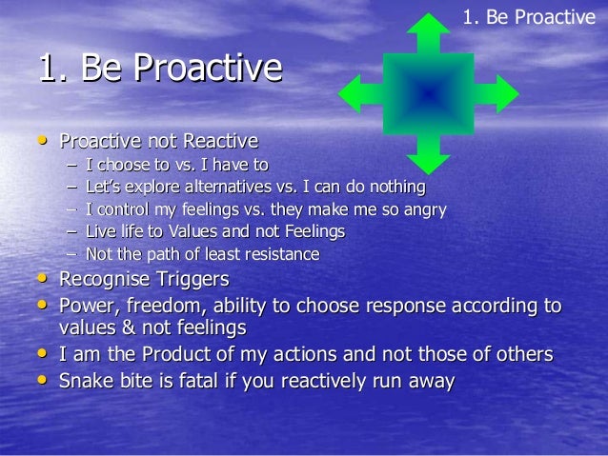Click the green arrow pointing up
pyautogui.click(x=428, y=36)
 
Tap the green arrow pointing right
pyautogui.click(x=497, y=94)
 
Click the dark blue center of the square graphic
pyautogui.click(x=428, y=94)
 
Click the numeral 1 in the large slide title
pyautogui.click(x=47, y=69)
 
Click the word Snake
pyautogui.click(x=86, y=381)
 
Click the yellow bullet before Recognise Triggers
pyautogui.click(x=41, y=280)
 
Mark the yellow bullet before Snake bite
pyautogui.click(x=41, y=380)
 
